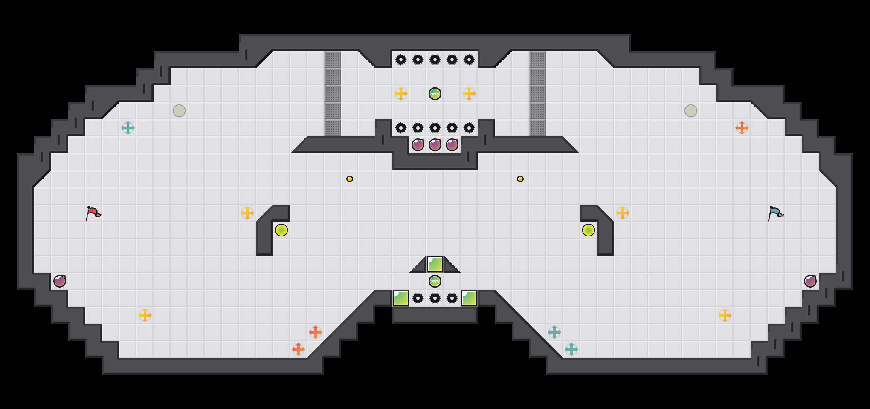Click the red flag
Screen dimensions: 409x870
[x=93, y=213]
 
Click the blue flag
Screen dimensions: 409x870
[x=775, y=213]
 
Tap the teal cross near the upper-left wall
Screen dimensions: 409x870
[x=128, y=128]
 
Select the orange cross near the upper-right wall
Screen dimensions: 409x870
[x=742, y=128]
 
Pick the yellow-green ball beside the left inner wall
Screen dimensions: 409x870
[x=281, y=230]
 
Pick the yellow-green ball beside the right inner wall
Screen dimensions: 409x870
[x=589, y=230]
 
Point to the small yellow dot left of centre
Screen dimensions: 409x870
[x=350, y=179]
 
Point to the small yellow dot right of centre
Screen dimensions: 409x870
[x=520, y=179]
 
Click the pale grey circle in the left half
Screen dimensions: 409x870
[x=179, y=111]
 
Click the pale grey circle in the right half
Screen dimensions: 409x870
[x=691, y=111]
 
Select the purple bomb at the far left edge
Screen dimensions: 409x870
[x=60, y=281]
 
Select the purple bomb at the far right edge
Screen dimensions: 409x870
[x=810, y=281]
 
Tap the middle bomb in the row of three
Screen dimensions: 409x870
[x=435, y=145]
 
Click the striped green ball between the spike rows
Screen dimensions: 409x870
[x=435, y=94]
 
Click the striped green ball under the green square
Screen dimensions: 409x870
[x=435, y=281]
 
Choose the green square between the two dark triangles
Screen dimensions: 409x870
[x=435, y=264]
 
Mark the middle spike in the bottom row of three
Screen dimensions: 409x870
[x=435, y=298]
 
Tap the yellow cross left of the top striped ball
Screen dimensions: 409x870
[x=401, y=94]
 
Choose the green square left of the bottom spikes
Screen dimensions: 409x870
[x=401, y=298]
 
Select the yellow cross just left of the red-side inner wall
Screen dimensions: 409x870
[x=247, y=213]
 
